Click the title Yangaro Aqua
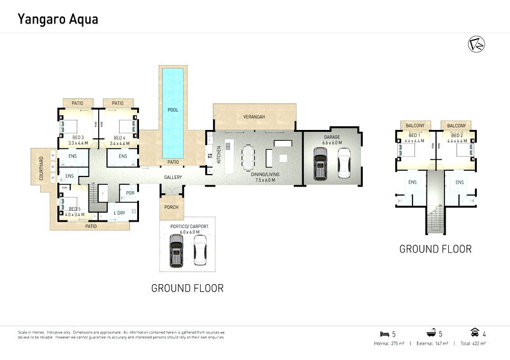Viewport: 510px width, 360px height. coord(57,20)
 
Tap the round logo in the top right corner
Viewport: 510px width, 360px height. coord(475,45)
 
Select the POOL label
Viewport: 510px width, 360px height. coord(173,110)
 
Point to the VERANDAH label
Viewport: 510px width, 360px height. coord(254,117)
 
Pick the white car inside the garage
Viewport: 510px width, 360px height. coord(344,163)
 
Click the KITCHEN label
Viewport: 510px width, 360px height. coord(219,154)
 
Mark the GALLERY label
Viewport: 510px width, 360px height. coord(173,177)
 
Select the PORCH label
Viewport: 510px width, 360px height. coord(171,207)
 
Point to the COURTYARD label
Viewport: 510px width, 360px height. coord(41,168)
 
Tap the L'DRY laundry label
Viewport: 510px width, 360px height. coord(119,213)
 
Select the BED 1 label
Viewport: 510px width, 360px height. coord(414,136)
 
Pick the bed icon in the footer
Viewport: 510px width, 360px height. coord(384,334)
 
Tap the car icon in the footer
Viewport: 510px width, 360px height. coord(474,333)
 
